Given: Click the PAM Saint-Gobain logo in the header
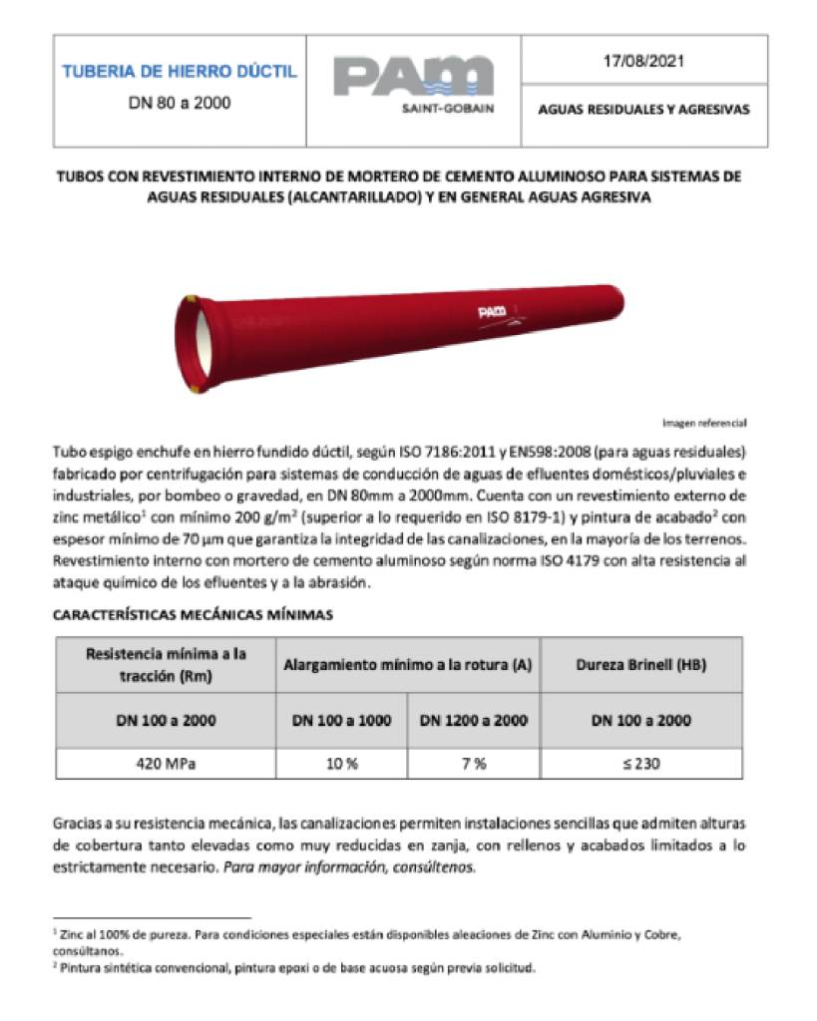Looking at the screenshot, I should click(x=412, y=87).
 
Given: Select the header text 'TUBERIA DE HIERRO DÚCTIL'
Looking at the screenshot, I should click(x=180, y=72).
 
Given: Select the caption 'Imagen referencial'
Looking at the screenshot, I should click(x=704, y=422).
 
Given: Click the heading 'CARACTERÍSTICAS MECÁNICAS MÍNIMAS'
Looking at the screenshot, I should click(x=193, y=615).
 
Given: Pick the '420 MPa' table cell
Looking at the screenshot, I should click(x=165, y=764).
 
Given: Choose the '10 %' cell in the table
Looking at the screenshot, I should click(x=341, y=764).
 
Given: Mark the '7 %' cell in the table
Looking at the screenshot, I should click(x=474, y=764).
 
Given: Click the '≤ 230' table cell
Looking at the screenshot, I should click(x=641, y=764).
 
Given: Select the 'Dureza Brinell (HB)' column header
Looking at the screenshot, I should click(x=641, y=664).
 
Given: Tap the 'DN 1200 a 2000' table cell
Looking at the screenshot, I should click(x=474, y=720).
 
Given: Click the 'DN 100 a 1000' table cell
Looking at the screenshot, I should click(x=341, y=720).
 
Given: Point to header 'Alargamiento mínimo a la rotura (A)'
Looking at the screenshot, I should click(x=407, y=664).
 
